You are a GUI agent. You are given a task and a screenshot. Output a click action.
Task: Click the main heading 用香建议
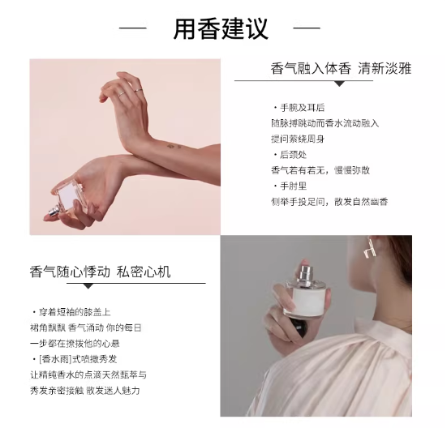click(x=221, y=28)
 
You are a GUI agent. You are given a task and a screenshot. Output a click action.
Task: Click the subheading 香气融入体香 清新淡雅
click(x=341, y=68)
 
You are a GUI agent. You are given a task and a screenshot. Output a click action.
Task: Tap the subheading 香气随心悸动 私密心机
click(x=100, y=272)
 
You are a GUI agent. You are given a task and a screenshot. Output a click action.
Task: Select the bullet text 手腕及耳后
click(x=302, y=108)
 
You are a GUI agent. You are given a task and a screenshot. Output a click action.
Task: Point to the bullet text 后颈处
click(x=294, y=155)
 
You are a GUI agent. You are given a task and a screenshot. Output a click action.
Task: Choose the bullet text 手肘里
click(x=294, y=186)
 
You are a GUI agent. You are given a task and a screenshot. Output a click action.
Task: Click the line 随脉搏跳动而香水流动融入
click(x=325, y=123)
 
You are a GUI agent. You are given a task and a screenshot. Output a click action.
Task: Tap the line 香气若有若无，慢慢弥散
click(x=320, y=170)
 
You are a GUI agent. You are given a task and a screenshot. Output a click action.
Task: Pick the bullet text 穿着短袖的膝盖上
click(x=75, y=312)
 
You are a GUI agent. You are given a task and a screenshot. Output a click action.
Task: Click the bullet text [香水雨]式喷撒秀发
click(x=78, y=359)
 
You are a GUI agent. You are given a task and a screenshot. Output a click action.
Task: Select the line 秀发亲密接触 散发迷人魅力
click(x=85, y=391)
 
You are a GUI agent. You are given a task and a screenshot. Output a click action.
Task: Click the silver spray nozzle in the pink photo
click(x=54, y=211)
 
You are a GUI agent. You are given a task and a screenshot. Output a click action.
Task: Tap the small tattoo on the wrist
click(x=174, y=147)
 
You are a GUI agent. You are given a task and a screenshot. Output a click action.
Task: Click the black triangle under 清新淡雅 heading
click(x=339, y=83)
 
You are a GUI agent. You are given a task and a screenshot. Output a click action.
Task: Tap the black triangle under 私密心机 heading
click(x=88, y=286)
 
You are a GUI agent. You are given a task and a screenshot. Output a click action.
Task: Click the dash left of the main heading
click(x=132, y=28)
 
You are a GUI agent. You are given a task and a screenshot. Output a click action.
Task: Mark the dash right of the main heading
click(x=307, y=28)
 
